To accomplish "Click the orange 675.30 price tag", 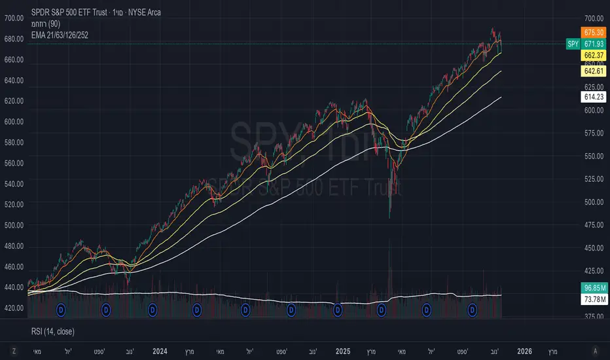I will (x=592, y=31).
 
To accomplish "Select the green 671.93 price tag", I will (x=592, y=43).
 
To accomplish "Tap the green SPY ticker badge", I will (x=571, y=43).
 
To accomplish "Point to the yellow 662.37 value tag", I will (x=592, y=56).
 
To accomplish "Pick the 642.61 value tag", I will (x=592, y=71).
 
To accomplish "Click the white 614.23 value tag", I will (x=592, y=97).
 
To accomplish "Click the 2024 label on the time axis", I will (x=159, y=351).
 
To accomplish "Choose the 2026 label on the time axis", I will (x=524, y=351).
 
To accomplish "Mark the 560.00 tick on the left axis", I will (x=14, y=163).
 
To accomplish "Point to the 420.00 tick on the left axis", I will (x=14, y=308).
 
